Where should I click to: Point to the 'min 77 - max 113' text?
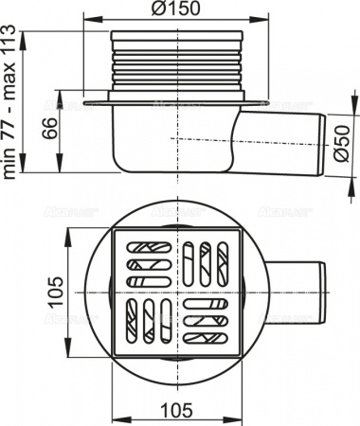(x=11, y=105)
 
